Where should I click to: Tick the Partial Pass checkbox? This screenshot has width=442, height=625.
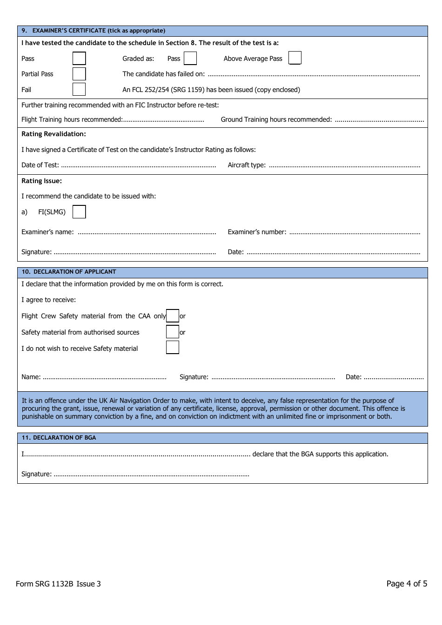(79, 74)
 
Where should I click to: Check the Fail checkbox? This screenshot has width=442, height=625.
(79, 89)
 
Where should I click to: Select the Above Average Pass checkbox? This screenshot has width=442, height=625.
(295, 58)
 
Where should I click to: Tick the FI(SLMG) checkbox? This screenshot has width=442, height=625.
(79, 212)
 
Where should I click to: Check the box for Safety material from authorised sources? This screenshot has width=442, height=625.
(172, 332)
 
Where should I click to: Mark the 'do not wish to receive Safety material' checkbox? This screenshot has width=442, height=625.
(172, 348)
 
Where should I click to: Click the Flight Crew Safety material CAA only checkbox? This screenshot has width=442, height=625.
(172, 316)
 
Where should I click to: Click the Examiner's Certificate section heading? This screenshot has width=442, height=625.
(94, 31)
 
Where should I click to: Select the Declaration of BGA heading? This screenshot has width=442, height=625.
(59, 438)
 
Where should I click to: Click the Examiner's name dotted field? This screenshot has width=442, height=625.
(147, 232)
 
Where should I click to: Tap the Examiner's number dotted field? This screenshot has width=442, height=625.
(355, 232)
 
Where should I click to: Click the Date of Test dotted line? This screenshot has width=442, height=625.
(138, 165)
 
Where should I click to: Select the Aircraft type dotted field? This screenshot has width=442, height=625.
(344, 165)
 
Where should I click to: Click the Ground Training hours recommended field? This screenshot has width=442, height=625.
(379, 120)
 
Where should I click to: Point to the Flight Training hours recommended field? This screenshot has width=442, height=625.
(163, 120)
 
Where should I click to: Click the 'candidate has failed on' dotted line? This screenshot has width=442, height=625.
(314, 74)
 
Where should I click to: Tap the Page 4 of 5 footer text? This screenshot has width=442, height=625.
(406, 584)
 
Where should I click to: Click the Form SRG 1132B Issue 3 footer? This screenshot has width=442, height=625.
(58, 584)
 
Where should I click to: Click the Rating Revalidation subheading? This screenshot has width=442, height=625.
(54, 134)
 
